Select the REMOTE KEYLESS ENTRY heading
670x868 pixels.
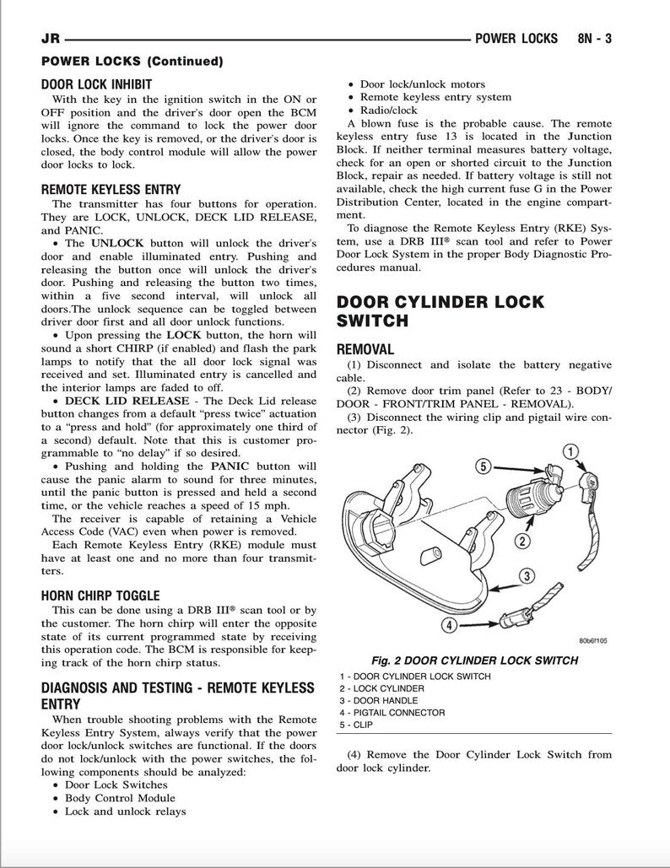[x=111, y=190]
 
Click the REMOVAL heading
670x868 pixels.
[x=365, y=349]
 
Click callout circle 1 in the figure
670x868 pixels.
[x=572, y=452]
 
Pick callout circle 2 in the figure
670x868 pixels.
[x=522, y=540]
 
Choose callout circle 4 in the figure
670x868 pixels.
[x=450, y=625]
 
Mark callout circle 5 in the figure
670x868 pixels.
[x=484, y=465]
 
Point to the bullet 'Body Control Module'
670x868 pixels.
[x=121, y=797]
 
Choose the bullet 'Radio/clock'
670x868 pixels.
[x=388, y=111]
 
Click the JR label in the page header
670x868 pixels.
[x=51, y=39]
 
